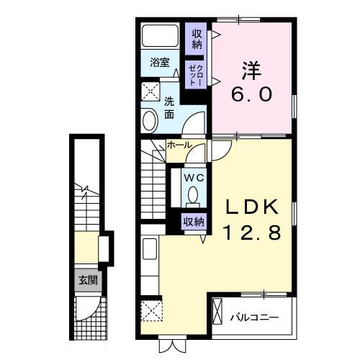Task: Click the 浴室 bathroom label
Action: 160,63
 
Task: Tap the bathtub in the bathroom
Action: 160,36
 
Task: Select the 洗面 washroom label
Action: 169,108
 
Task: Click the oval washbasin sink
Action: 150,121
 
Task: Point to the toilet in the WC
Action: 193,197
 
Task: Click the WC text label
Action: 194,178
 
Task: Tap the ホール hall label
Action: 179,145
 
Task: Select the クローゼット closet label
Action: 197,75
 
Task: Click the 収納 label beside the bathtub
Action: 197,40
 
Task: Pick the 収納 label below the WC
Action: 194,222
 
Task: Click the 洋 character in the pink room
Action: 251,71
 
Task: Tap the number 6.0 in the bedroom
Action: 251,94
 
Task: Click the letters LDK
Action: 251,207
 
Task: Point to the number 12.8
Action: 252,233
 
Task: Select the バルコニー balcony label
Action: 255,318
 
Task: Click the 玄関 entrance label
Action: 89,280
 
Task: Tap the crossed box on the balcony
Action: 217,311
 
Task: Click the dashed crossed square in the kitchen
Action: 151,311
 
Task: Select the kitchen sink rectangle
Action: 150,249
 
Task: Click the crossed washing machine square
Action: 150,91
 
